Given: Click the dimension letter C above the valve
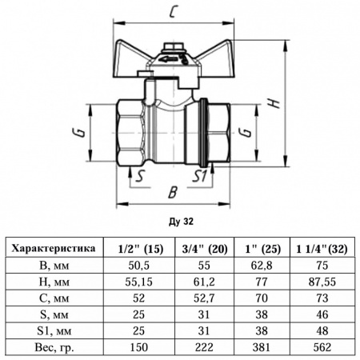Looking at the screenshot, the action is click(x=174, y=12).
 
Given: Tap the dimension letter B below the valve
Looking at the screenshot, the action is click(x=173, y=192).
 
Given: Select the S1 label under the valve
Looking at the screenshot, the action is click(x=199, y=176).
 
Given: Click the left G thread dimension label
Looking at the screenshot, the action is click(x=78, y=133).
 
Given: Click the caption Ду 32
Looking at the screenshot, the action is click(x=181, y=222).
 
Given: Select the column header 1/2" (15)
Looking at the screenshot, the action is click(x=140, y=249).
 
